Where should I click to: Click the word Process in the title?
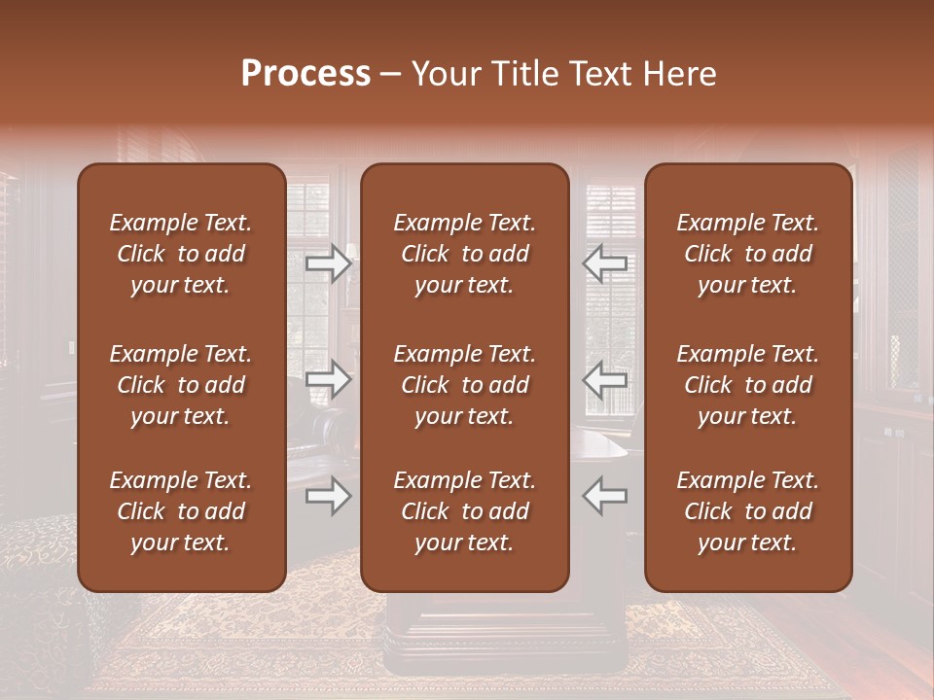(305, 74)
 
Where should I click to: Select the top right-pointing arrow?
(329, 263)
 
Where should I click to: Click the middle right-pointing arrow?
(329, 379)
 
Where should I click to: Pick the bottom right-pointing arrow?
(329, 497)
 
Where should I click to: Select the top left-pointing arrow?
(605, 263)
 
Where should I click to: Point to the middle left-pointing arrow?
(605, 379)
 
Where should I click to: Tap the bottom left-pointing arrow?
(605, 497)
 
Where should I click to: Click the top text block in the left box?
(181, 254)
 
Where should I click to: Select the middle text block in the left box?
(181, 385)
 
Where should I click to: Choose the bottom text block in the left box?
(181, 511)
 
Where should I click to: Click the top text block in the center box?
(465, 254)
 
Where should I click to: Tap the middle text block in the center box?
(465, 385)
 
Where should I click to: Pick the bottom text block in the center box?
(465, 511)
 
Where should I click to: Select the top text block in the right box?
(748, 254)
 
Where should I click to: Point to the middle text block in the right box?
(748, 385)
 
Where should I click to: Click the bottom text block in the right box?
(748, 511)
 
